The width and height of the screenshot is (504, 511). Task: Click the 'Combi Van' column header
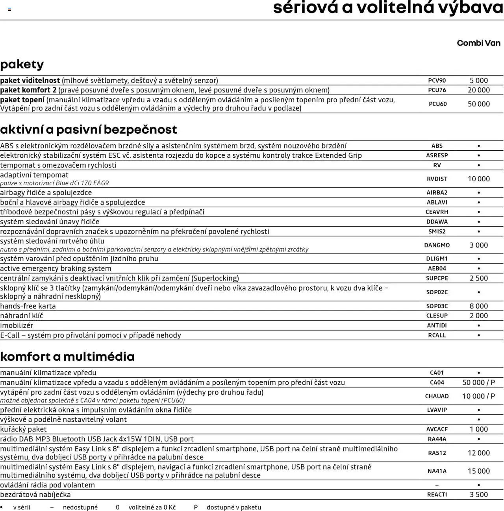(x=478, y=43)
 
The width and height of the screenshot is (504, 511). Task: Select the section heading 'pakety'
(x=22, y=64)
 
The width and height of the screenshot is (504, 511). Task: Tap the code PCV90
(x=437, y=81)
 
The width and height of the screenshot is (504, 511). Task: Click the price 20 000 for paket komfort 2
(x=479, y=90)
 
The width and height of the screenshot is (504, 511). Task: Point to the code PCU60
(x=437, y=104)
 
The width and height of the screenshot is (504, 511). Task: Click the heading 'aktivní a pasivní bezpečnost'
(x=89, y=129)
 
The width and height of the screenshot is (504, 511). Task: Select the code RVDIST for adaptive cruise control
(x=437, y=179)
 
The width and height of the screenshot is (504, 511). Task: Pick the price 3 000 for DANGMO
(x=479, y=245)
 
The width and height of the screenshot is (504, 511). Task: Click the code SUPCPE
(x=437, y=278)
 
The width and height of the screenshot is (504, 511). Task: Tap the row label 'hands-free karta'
(x=28, y=306)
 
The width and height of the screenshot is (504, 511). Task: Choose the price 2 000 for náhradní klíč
(x=479, y=315)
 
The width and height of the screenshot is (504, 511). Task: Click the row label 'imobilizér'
(x=17, y=325)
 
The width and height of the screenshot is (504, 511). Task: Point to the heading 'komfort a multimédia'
(x=67, y=356)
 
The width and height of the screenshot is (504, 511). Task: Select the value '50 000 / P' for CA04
(x=479, y=382)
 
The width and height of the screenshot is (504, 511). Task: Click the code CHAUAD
(x=437, y=396)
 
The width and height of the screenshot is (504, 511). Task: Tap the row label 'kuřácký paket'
(x=23, y=429)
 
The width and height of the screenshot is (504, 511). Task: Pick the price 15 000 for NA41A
(x=479, y=471)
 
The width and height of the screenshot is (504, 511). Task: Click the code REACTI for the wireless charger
(x=437, y=494)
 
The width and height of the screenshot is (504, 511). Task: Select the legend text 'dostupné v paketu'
(x=234, y=507)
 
